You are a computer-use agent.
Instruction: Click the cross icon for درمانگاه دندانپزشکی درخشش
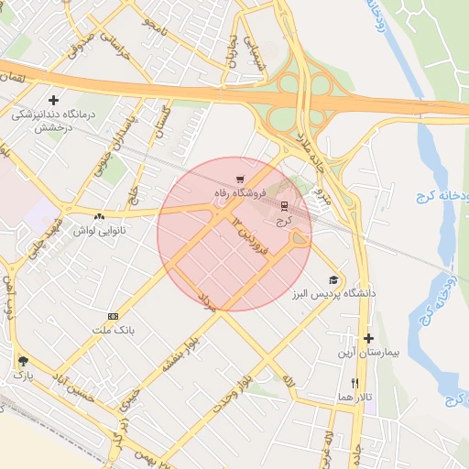pos(54,100)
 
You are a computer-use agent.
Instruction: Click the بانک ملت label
pos(114,328)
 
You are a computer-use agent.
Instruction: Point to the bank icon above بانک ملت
pos(114,315)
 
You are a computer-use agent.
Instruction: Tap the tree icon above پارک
pos(22,361)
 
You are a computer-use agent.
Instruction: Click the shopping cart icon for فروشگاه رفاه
pos(239,179)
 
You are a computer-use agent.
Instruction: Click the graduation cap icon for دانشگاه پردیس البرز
pos(333,279)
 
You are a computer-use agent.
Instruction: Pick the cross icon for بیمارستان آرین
pos(368,338)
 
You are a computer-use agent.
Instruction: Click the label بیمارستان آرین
pos(368,352)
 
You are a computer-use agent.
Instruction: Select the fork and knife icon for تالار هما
pos(355,383)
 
